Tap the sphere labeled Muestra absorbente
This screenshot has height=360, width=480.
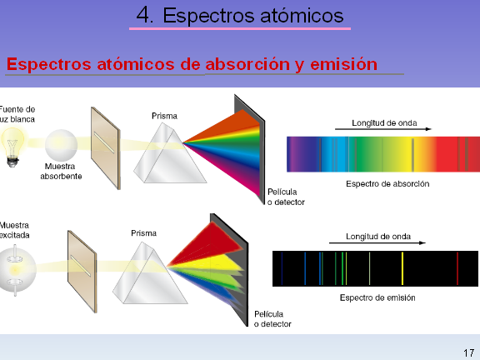tap(61, 145)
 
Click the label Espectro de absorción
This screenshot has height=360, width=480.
tap(387, 183)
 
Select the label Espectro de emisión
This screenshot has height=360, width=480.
tap(377, 297)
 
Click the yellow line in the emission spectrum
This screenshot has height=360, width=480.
tap(402, 268)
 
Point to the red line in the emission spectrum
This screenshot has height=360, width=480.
tap(457, 268)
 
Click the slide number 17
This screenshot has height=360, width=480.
tap(468, 353)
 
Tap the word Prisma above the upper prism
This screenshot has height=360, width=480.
tap(164, 116)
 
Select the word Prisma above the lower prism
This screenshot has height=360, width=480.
tap(143, 233)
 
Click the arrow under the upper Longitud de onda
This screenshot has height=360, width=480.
tap(383, 129)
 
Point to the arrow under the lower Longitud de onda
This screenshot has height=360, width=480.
tap(377, 243)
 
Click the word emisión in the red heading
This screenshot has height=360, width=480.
tap(344, 64)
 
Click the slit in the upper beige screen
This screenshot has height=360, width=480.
tap(104, 142)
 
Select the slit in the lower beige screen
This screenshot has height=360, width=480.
tap(81, 266)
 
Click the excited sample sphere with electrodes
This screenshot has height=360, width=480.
tap(15, 270)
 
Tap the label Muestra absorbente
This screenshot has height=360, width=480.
tap(61, 171)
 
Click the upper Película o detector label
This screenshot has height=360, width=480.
tap(286, 197)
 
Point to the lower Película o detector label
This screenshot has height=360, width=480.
tap(272, 319)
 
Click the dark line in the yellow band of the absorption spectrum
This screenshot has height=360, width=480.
tap(412, 155)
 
